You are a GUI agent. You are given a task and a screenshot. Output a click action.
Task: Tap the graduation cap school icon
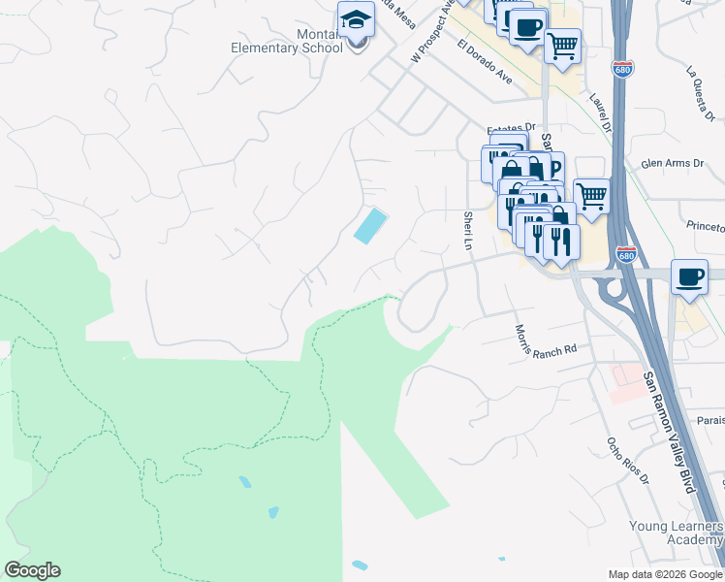point(356,18)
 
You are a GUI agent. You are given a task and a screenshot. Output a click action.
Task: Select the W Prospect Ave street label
point(432,32)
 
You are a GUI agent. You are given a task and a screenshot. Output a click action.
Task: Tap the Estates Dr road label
point(511,127)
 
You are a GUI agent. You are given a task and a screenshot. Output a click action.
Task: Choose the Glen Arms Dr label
point(672,163)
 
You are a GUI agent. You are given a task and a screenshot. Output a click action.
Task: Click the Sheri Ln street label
point(468,232)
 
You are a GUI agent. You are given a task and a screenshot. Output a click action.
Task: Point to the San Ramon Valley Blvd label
point(670,433)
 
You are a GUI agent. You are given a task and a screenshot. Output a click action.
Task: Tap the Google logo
point(32,570)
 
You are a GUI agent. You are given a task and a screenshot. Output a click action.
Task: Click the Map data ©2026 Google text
point(664,574)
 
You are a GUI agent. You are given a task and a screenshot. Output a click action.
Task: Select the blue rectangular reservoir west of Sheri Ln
point(369,227)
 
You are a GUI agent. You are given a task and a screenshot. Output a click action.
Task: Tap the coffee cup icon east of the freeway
point(689,276)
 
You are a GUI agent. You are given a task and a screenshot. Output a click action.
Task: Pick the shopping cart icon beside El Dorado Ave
point(562,45)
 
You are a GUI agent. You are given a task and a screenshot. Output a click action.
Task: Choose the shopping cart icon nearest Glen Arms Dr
point(591,196)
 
